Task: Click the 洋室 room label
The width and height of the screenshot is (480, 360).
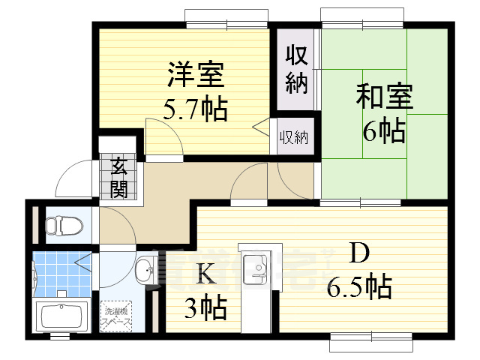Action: tap(195, 76)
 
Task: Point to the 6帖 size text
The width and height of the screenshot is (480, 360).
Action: tap(383, 131)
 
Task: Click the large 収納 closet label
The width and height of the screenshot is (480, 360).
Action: tap(296, 69)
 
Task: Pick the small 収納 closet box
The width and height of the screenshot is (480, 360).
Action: tap(294, 137)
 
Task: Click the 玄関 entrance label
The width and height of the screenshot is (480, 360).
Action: tap(118, 178)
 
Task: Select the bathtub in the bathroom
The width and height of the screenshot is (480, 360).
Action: tap(63, 316)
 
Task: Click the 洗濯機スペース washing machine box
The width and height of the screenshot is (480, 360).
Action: tap(117, 315)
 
